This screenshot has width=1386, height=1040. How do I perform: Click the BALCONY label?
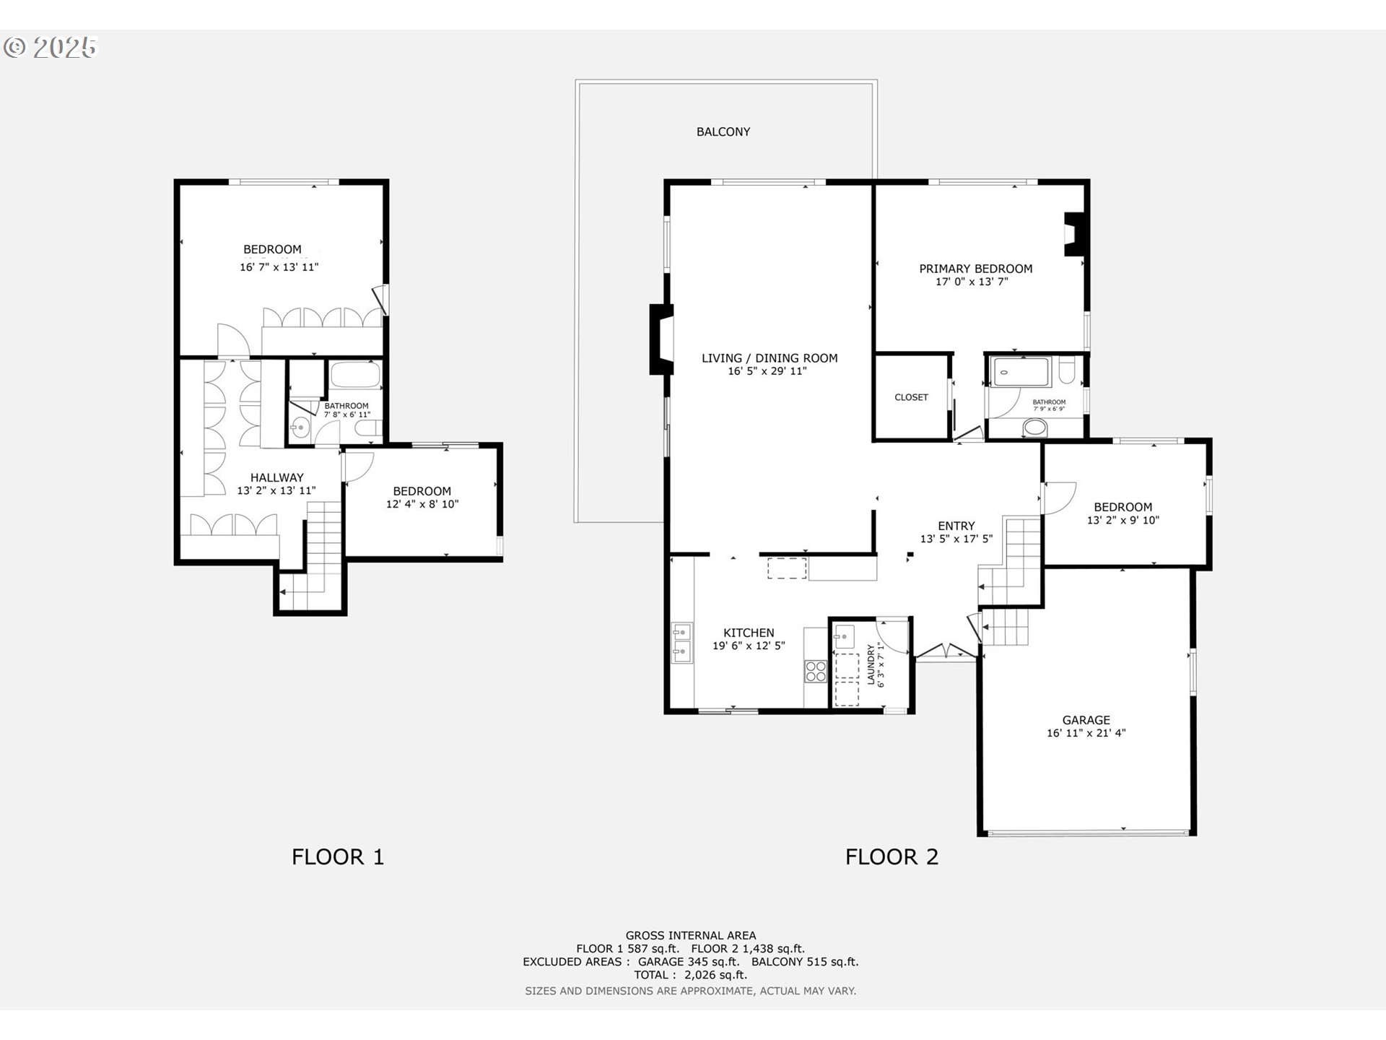coord(723,131)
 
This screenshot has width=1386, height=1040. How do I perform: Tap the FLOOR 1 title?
coord(337,857)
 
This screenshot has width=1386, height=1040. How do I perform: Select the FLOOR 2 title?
coord(892,857)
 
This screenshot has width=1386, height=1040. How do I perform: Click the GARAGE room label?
coord(1086,720)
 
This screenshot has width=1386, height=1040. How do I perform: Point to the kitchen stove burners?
coord(816,671)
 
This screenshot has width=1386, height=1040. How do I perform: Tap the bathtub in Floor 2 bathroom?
coord(1021,372)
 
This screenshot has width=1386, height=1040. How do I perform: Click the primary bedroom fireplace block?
coord(1074,234)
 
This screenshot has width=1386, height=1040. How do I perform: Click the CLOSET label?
coord(911,397)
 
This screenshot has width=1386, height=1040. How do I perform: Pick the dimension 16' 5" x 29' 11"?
coord(767,371)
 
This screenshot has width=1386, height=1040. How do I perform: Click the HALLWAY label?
coord(276,477)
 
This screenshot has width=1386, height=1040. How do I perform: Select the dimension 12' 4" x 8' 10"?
coord(422,504)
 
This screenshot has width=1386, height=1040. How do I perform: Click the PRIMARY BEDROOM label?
coord(975,269)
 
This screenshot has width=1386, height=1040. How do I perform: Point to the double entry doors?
coord(946,652)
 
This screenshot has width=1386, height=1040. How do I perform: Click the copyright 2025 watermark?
coord(51,48)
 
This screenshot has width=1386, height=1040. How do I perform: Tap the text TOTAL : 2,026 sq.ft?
coord(690,975)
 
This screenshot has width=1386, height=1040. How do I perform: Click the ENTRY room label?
coord(956,526)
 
